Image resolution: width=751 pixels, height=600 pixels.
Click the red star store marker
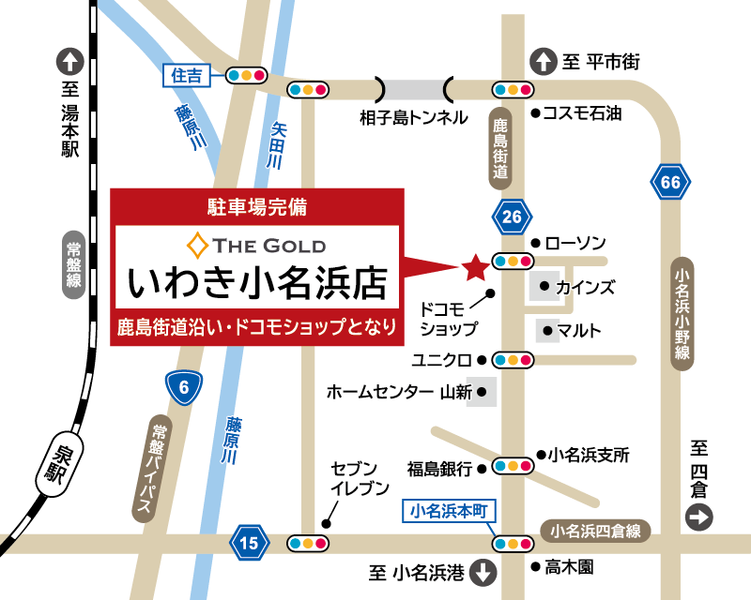coord(475,268)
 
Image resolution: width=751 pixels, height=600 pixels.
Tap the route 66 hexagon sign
coord(670,182)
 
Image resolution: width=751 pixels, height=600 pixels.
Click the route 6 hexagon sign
coord(184,387)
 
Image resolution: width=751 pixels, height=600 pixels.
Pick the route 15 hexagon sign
coord(249,542)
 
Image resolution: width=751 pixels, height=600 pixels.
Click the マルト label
coord(579,330)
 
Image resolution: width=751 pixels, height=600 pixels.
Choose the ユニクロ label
coord(441,359)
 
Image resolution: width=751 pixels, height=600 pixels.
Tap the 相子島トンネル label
coord(413,118)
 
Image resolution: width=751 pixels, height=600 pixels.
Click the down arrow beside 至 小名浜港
coord(484,572)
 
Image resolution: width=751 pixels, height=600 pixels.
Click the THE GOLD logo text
coord(268,247)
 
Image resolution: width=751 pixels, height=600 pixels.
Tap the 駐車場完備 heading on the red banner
coord(256,203)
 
